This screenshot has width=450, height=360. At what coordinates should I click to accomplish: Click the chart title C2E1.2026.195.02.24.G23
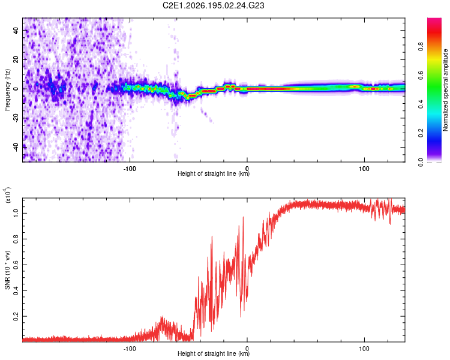pos(213,5)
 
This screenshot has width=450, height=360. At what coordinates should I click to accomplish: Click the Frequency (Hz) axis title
pos(7,90)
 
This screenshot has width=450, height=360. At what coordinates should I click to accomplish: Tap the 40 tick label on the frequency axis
pos(16,30)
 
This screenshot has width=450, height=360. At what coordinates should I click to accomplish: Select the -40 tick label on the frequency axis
pos(16,147)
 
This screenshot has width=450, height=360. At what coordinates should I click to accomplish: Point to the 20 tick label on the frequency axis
pos(16,59)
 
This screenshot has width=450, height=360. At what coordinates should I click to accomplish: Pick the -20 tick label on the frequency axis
pos(16,118)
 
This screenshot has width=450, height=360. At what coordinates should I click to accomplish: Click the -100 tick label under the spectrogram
pos(130,169)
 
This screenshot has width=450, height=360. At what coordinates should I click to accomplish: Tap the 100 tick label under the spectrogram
pos(364,169)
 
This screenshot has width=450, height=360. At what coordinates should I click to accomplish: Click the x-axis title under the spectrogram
pos(214,173)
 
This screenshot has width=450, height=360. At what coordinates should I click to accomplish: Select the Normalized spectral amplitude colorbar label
pos(445,90)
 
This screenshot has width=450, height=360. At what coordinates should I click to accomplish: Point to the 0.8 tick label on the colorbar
pos(421,47)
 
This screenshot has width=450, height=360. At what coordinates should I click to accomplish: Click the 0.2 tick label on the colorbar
pos(421,133)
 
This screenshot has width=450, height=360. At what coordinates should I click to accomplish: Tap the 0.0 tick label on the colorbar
pos(421,162)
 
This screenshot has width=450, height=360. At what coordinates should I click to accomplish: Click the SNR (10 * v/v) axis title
pos(7,270)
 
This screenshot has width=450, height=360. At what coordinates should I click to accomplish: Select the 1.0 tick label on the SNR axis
pos(16,213)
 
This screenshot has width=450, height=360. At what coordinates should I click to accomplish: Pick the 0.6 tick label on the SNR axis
pos(16,265)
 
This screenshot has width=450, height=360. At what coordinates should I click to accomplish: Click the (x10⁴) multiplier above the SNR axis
pos(8,195)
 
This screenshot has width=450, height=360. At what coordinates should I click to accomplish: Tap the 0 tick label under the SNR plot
pos(247,349)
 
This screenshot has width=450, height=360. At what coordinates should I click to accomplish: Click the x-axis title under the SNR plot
pos(214,353)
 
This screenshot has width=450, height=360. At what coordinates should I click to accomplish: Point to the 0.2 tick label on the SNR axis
pos(16,316)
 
